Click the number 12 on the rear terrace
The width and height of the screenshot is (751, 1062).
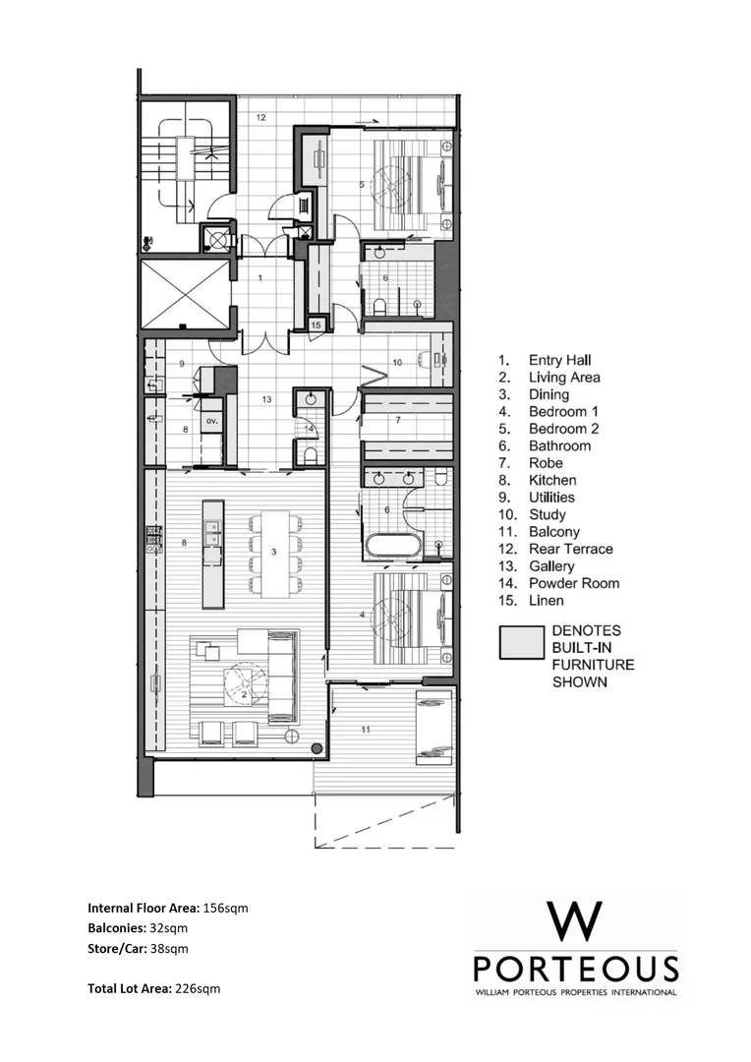pyautogui.click(x=261, y=117)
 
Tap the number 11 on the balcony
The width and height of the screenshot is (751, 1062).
pyautogui.click(x=367, y=729)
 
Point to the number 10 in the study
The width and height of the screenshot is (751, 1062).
pyautogui.click(x=397, y=363)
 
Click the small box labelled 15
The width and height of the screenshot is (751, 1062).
pyautogui.click(x=316, y=324)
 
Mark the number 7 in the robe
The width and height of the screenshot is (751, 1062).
pyautogui.click(x=397, y=420)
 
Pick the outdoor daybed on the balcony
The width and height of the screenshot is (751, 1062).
pyautogui.click(x=433, y=727)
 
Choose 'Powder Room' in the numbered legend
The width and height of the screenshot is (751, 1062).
pyautogui.click(x=573, y=583)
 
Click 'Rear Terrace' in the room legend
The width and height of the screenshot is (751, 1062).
pyautogui.click(x=570, y=549)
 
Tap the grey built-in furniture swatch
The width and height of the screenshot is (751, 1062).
pyautogui.click(x=520, y=642)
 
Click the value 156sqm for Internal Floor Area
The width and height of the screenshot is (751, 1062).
pyautogui.click(x=225, y=908)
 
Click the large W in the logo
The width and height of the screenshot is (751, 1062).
pyautogui.click(x=575, y=922)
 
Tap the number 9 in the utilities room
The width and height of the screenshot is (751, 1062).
pyautogui.click(x=182, y=364)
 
